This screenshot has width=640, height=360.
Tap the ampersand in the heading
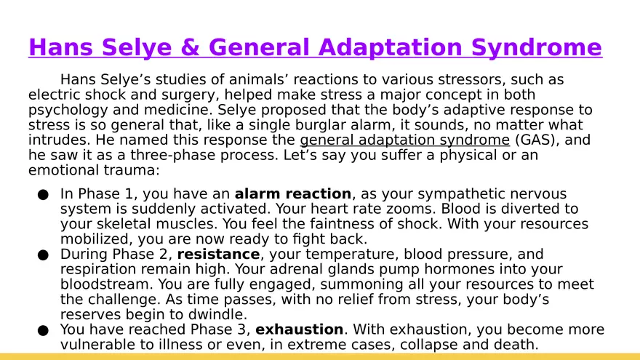[188, 48]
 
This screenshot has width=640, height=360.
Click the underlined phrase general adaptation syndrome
[404, 140]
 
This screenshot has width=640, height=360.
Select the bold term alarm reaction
[292, 194]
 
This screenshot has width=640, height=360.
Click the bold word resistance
[218, 255]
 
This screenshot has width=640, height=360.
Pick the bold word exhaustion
[299, 329]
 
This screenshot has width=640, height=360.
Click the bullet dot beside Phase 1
[43, 195]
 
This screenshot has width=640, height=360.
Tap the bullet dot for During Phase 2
[43, 255]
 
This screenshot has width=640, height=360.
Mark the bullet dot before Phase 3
[43, 330]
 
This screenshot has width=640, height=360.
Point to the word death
[514, 345]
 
